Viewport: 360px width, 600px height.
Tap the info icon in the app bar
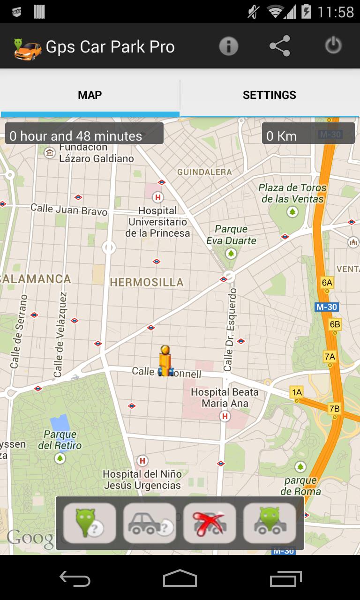[229, 46]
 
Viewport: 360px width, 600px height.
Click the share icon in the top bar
[280, 46]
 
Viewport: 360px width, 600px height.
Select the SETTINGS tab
[270, 95]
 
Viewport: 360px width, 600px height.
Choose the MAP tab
[90, 95]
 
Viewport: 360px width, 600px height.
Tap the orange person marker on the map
[165, 361]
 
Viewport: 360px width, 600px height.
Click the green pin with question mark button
[90, 523]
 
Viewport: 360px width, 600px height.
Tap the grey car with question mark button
[150, 523]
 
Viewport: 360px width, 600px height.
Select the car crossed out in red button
[210, 523]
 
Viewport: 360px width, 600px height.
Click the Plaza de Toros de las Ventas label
[292, 193]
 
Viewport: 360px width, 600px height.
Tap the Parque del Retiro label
[60, 440]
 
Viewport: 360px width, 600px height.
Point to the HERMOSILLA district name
[146, 282]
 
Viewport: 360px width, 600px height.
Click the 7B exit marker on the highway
[334, 408]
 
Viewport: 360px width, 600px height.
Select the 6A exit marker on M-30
[327, 282]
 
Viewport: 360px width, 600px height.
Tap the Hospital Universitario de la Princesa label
[157, 222]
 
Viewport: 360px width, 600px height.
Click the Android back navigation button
[75, 579]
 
